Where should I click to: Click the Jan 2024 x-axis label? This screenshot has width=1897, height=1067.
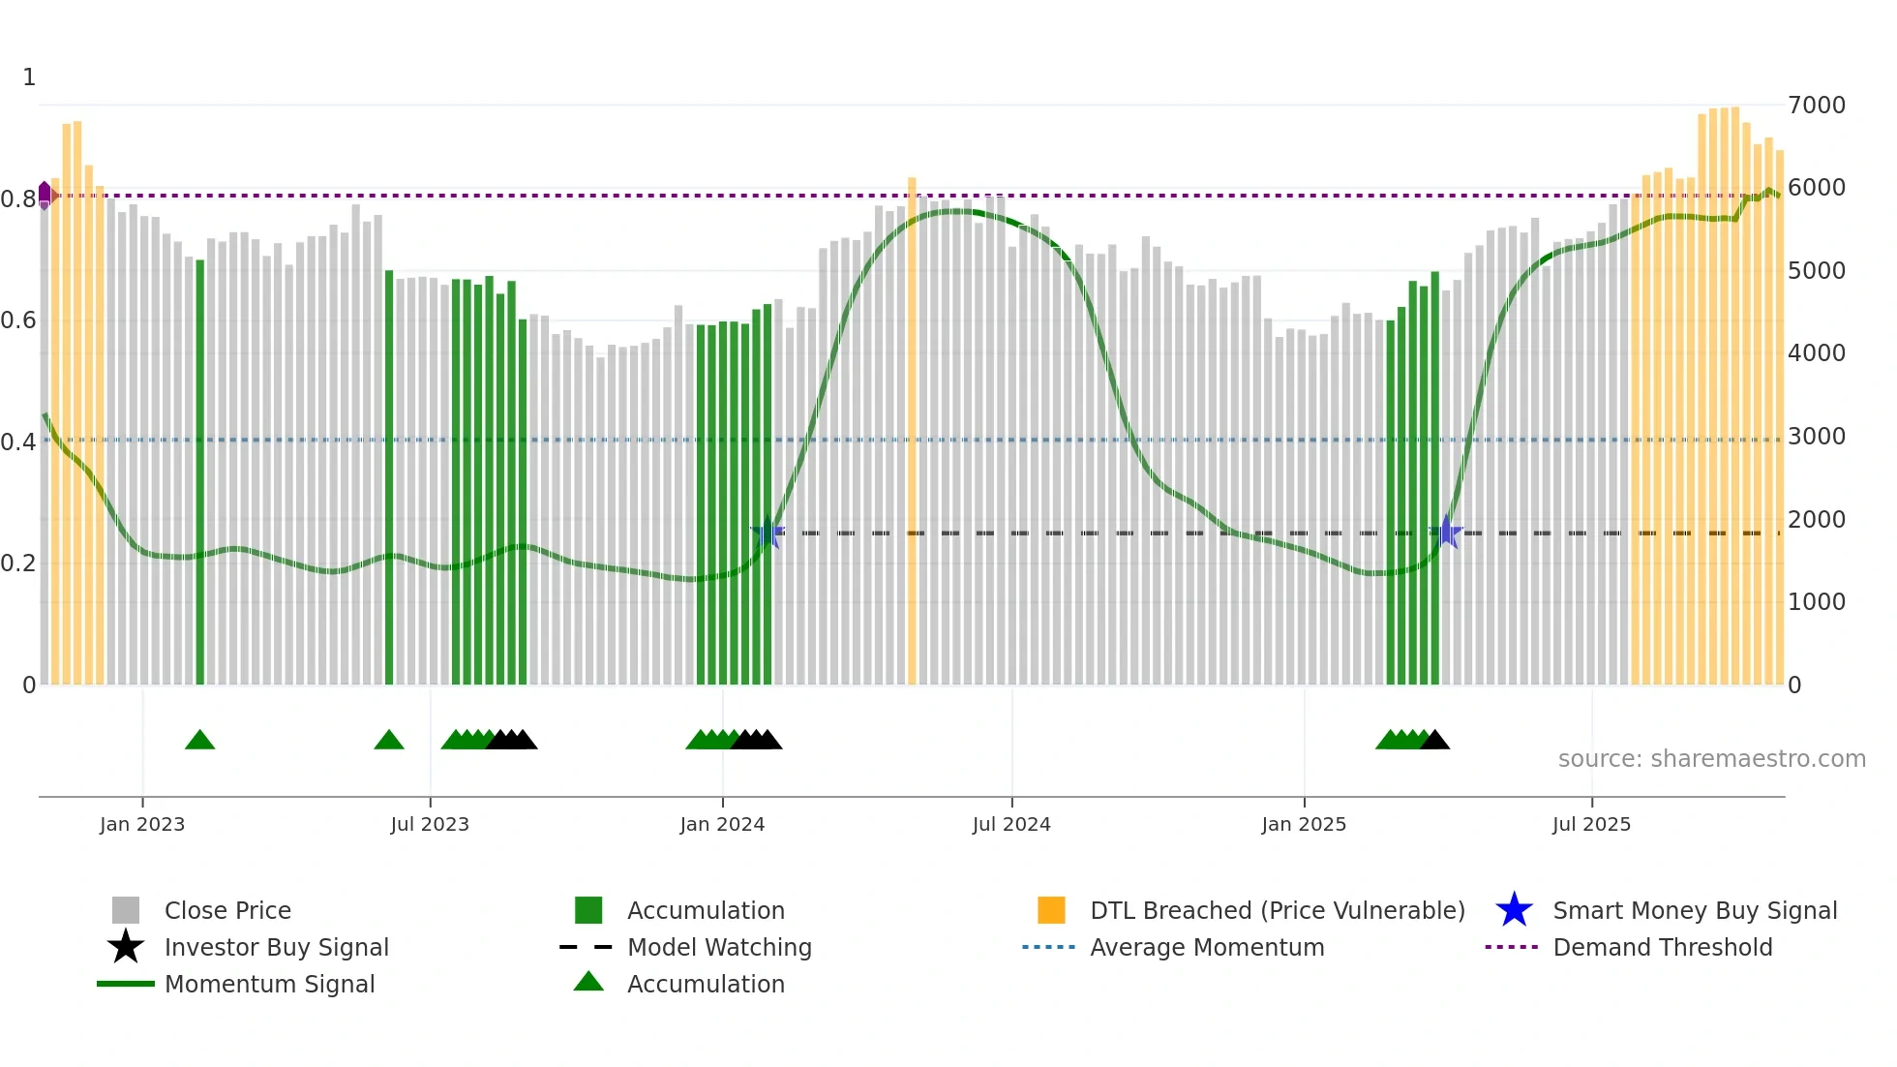point(722,824)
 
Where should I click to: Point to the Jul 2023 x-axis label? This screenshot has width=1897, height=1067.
point(430,824)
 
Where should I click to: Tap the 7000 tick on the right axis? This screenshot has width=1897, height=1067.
point(1817,105)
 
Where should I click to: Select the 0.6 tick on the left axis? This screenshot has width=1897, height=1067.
point(18,320)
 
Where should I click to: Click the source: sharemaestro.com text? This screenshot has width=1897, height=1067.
point(1711,758)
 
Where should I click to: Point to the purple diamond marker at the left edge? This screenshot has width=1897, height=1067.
point(45,195)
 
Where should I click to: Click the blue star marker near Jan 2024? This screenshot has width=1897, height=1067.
point(768,533)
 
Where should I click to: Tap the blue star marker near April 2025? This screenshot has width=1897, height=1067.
point(1446,532)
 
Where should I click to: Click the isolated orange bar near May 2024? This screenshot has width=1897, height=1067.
point(912,431)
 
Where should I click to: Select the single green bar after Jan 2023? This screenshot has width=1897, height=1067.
point(200,472)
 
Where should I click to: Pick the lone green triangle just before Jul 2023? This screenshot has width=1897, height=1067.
point(389,741)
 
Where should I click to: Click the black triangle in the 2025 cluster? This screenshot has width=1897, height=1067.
point(1435,741)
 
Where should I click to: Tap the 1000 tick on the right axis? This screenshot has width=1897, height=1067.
point(1817,602)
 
